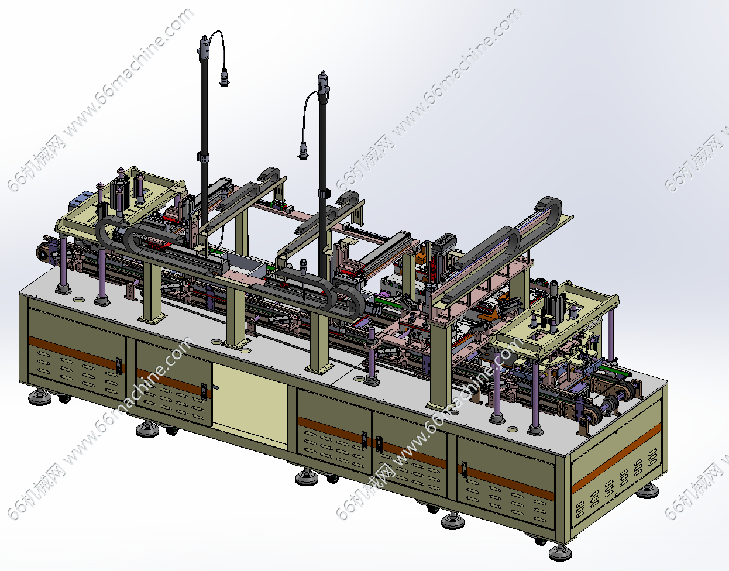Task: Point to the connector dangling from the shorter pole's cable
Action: tap(303, 151)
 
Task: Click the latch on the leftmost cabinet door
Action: tap(118, 365)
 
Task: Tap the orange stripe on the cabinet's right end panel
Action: tap(616, 458)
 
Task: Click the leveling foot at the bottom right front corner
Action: tap(560, 552)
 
